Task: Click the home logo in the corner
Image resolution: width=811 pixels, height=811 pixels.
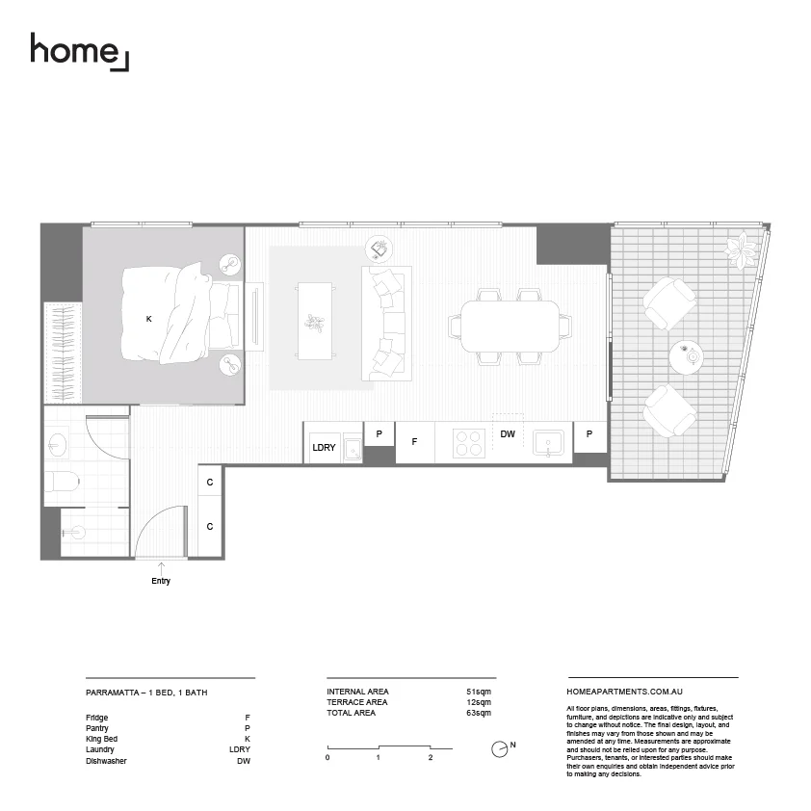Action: (x=78, y=50)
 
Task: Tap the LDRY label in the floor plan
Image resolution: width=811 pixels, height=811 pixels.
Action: (x=324, y=448)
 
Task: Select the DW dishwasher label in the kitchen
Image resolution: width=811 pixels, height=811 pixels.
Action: (x=508, y=434)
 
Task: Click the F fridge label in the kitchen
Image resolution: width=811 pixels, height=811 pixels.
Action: (x=414, y=442)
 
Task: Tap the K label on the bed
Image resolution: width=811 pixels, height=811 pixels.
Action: (x=149, y=319)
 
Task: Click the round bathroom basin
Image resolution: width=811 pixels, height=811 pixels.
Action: (x=56, y=445)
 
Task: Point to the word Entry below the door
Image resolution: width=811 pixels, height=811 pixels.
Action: (x=161, y=581)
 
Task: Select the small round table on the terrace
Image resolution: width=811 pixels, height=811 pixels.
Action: (x=687, y=356)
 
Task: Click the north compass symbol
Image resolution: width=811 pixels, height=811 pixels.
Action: (x=500, y=748)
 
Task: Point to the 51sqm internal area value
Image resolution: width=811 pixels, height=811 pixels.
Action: (x=478, y=692)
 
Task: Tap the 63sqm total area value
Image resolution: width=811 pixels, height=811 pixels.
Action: (x=478, y=713)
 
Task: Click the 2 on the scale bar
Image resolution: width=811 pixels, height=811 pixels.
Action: (x=431, y=758)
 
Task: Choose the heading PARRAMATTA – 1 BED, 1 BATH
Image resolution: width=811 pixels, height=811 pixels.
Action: (x=146, y=692)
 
